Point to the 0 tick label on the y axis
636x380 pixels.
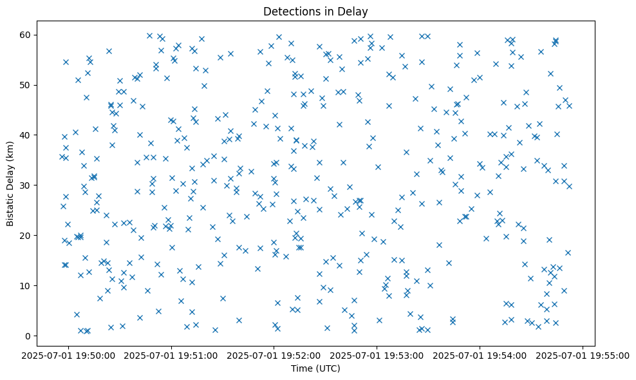(x=40, y=336)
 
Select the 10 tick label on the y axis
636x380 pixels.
(x=37, y=285)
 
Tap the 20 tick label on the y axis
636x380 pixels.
(x=37, y=235)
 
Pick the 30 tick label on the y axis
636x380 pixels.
(x=37, y=185)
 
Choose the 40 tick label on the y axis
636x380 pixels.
(x=37, y=135)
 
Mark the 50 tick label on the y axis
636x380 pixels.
(x=37, y=85)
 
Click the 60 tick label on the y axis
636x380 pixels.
(x=37, y=35)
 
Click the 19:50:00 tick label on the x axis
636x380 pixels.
(x=69, y=355)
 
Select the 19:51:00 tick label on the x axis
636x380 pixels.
(x=171, y=355)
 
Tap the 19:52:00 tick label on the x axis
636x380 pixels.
(x=274, y=355)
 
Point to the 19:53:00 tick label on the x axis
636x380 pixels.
(x=377, y=355)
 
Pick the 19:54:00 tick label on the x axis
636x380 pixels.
(x=480, y=355)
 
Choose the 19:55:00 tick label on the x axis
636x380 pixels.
(x=583, y=355)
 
